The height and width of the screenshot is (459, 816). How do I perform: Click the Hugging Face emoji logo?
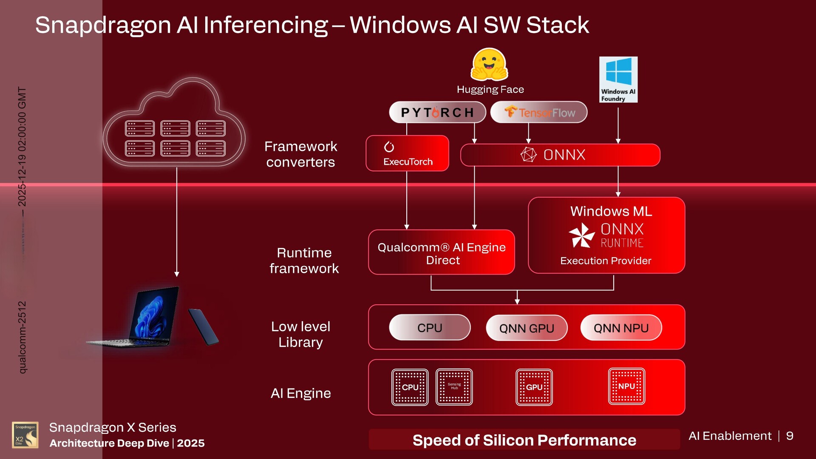(x=489, y=65)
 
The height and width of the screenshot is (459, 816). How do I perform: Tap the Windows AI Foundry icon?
(x=618, y=79)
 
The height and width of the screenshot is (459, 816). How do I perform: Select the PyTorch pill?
(x=437, y=113)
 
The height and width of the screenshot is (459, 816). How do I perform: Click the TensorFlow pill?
(x=539, y=113)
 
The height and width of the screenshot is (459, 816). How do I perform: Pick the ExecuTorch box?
(x=407, y=153)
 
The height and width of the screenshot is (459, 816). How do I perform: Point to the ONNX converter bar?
(x=560, y=155)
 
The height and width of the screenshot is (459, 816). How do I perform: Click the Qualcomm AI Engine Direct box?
(x=441, y=253)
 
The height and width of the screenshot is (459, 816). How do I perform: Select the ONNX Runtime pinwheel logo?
(x=581, y=235)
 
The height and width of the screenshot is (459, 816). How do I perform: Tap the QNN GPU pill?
(x=527, y=328)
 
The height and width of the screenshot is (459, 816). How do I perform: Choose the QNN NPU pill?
(x=621, y=328)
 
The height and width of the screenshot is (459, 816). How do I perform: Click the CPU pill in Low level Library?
(x=430, y=328)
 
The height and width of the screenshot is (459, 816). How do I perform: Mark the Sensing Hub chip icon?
(x=454, y=387)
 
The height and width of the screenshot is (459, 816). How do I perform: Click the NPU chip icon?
(x=626, y=386)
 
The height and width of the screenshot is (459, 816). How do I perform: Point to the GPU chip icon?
(x=534, y=387)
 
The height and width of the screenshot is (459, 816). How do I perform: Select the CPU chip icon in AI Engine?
(x=410, y=387)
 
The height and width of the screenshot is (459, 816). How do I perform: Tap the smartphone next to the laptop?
(x=203, y=327)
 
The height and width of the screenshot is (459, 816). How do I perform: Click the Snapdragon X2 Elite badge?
(x=25, y=435)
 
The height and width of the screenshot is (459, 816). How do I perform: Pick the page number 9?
(x=790, y=436)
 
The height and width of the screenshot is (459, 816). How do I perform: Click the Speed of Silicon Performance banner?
(x=524, y=440)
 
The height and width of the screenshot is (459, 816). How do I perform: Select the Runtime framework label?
(x=304, y=261)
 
